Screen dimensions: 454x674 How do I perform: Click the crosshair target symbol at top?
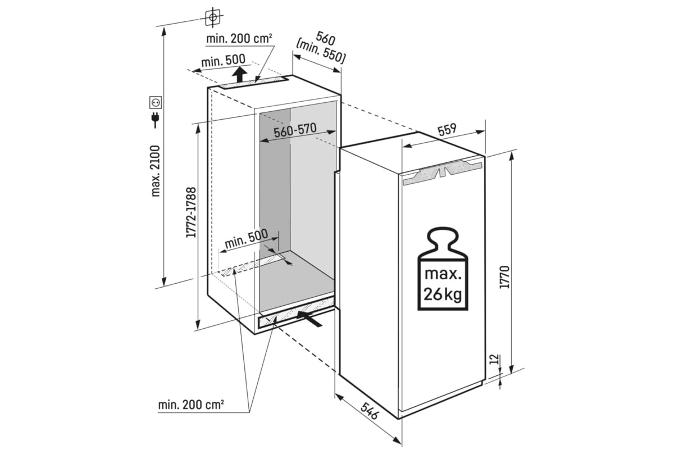(212, 17)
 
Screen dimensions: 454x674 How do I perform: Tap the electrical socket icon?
(156, 102)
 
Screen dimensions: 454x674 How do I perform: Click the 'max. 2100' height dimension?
(156, 171)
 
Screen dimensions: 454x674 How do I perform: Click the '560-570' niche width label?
(295, 131)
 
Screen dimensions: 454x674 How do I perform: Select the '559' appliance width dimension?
(447, 129)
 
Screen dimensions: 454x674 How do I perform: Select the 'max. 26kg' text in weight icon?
(443, 284)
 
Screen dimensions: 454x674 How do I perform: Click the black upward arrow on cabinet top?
(240, 74)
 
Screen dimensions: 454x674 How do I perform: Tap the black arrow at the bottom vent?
(310, 319)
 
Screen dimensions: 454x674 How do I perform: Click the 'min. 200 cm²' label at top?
(239, 39)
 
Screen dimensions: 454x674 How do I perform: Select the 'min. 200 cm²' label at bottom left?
(191, 404)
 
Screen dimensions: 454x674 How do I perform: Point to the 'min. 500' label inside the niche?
(246, 240)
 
